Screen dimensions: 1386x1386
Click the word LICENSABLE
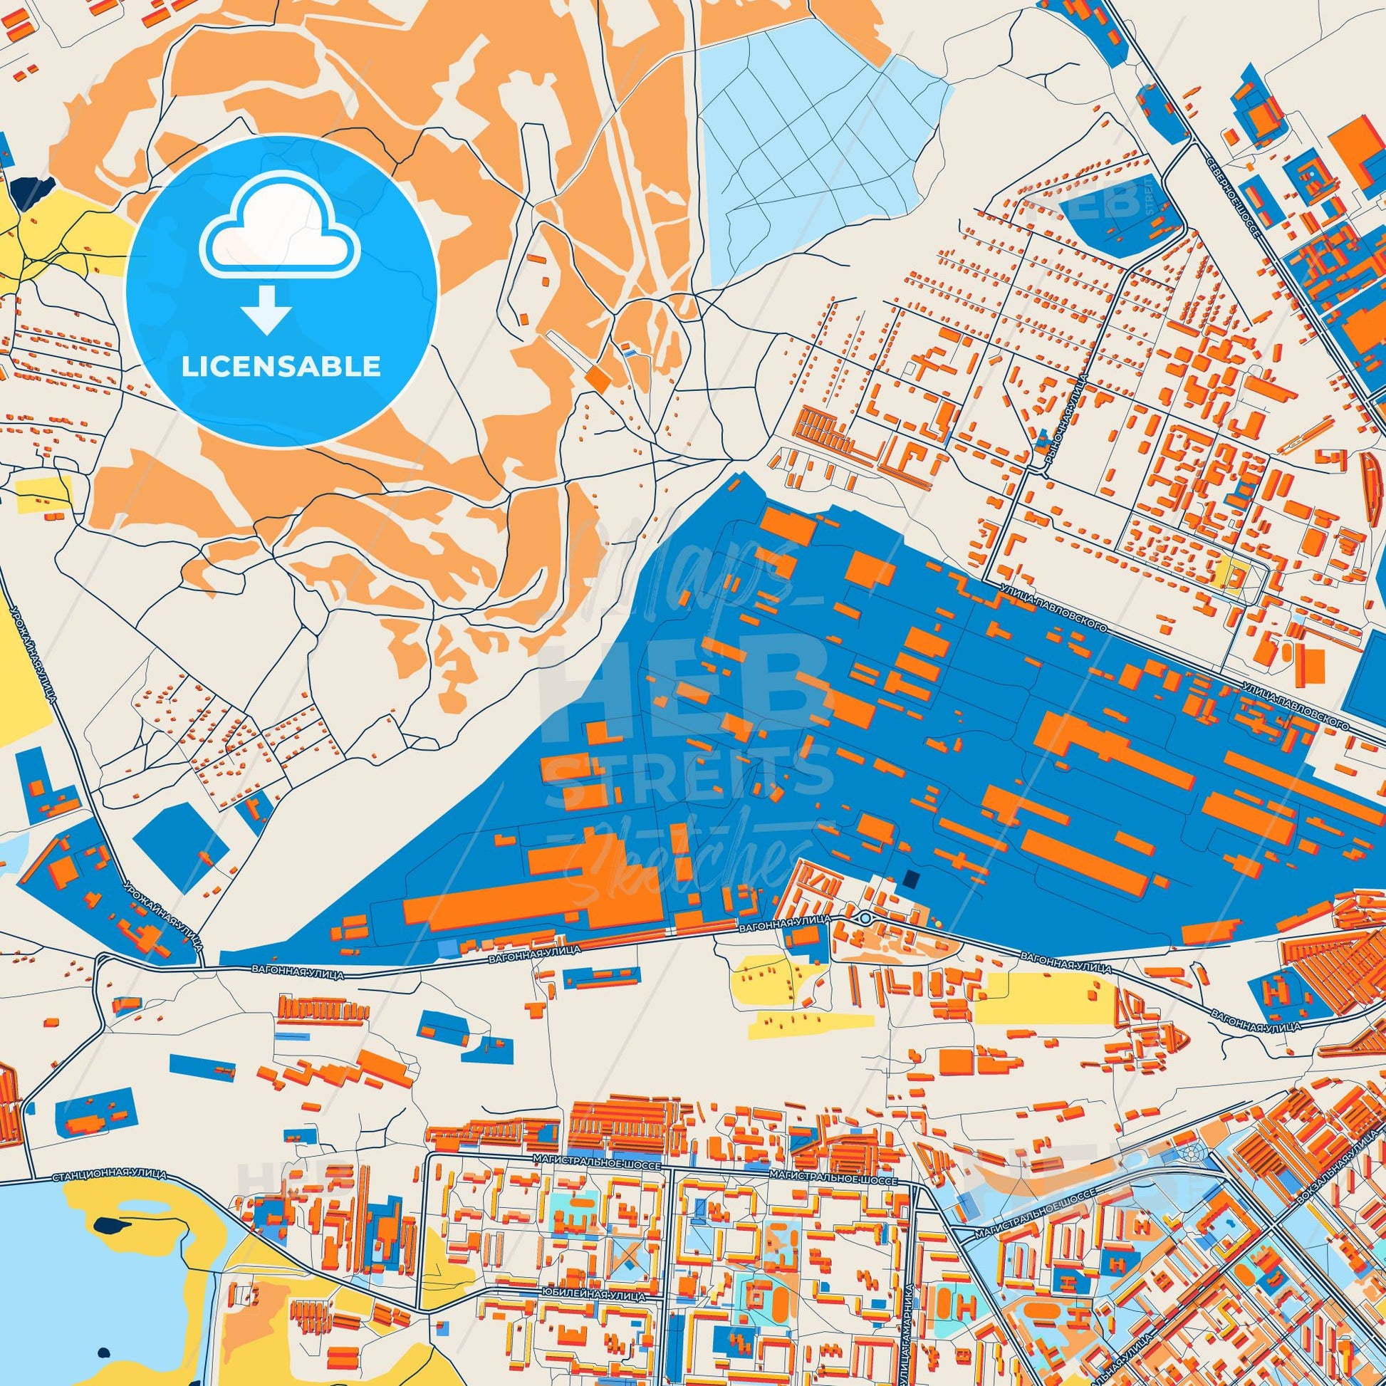(x=281, y=367)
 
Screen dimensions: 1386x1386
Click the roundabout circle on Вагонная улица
(x=865, y=918)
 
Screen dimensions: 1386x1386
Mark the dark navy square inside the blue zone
(x=912, y=879)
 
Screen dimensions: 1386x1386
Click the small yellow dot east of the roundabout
(x=937, y=924)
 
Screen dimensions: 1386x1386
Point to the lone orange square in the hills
(x=595, y=378)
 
